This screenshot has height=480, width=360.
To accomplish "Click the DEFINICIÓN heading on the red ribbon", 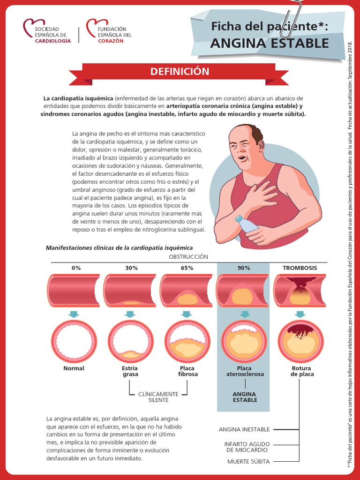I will point(180,72).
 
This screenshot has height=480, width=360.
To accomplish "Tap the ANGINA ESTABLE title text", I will point(269,44).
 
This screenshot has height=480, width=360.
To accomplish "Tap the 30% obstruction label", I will point(131,268).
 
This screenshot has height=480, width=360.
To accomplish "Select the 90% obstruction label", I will point(244,268).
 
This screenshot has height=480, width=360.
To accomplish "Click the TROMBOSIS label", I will point(300,268).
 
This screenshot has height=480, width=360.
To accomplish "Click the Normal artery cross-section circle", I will point(74,341).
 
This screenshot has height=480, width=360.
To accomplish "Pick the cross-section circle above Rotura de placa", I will point(300,341).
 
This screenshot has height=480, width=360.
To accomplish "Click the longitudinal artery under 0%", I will point(74,291).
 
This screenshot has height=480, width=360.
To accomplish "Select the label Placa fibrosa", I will point(187,371).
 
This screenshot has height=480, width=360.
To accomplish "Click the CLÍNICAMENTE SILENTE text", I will point(158,397).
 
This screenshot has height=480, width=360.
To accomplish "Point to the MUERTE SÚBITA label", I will point(248,462).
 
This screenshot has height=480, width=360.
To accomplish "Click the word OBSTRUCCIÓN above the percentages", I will point(188,257).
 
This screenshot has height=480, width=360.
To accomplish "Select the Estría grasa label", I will point(130,371).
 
